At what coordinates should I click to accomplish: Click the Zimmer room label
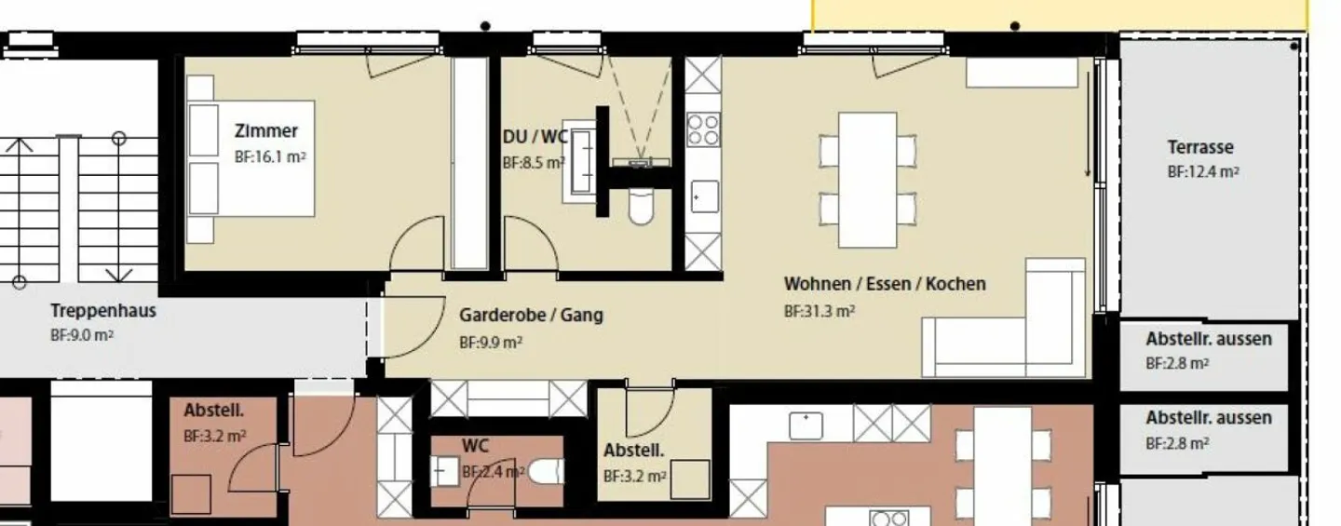(x=266, y=131)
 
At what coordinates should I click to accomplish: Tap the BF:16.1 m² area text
(x=270, y=157)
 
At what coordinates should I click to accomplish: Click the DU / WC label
(x=535, y=137)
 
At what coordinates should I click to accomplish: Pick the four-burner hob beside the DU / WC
(x=703, y=129)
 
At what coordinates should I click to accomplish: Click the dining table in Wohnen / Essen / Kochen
(x=867, y=180)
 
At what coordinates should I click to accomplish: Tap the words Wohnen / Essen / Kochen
(x=884, y=283)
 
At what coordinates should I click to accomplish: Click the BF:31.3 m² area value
(x=819, y=311)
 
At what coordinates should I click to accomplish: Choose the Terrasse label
(x=1200, y=147)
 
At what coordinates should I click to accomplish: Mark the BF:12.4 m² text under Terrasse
(x=1203, y=172)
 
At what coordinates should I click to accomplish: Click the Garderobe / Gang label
(x=530, y=315)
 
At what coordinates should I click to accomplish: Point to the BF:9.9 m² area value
(x=490, y=342)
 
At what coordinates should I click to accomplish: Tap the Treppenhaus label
(x=102, y=310)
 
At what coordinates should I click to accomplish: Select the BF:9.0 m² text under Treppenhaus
(x=82, y=336)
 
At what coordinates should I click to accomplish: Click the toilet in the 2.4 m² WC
(x=544, y=473)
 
